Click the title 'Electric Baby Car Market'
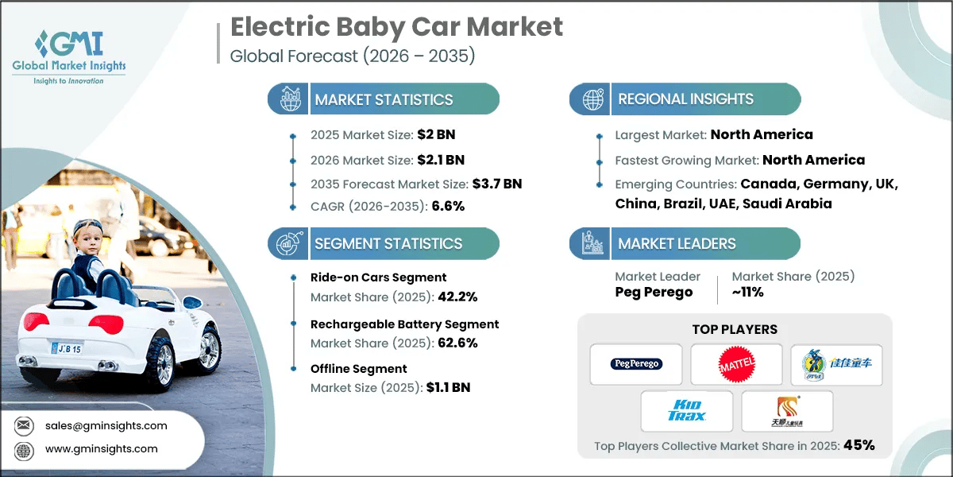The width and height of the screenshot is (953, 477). pos(396,26)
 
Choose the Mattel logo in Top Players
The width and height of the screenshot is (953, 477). pos(736,364)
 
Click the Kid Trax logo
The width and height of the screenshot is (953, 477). pos(686,411)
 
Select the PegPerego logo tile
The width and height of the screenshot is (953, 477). pos(636,364)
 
